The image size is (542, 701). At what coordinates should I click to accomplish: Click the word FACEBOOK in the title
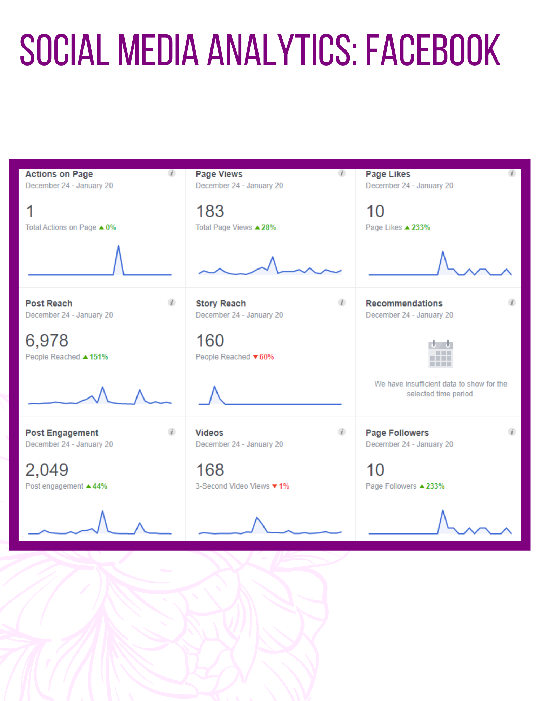click(433, 50)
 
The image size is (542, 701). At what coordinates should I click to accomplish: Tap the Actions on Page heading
click(59, 174)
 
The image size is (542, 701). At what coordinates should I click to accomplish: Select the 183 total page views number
click(210, 211)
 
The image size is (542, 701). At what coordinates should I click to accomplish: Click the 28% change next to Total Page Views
click(268, 227)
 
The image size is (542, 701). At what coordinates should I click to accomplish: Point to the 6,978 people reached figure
click(47, 340)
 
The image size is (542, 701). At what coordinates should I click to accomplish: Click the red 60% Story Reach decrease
click(266, 357)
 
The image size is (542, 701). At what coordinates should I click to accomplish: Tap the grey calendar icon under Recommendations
click(441, 354)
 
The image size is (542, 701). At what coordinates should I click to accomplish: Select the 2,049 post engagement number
click(47, 470)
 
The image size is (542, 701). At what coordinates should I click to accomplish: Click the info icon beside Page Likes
click(512, 173)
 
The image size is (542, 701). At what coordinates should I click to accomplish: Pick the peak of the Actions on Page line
click(118, 245)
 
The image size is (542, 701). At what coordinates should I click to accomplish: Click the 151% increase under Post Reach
click(99, 357)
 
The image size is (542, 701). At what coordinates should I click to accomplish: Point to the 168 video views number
click(210, 470)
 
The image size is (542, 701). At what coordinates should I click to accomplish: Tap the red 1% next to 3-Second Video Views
click(284, 486)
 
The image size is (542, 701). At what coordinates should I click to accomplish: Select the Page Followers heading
click(397, 433)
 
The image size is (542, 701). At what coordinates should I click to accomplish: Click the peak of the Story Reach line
click(214, 386)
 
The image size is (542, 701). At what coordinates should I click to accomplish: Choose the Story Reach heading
click(221, 304)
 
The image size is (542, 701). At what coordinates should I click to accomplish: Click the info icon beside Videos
click(342, 432)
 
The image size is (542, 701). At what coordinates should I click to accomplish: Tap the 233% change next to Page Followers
click(435, 486)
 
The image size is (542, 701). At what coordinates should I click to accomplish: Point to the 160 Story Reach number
click(210, 340)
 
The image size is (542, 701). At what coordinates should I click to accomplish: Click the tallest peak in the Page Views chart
click(273, 257)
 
